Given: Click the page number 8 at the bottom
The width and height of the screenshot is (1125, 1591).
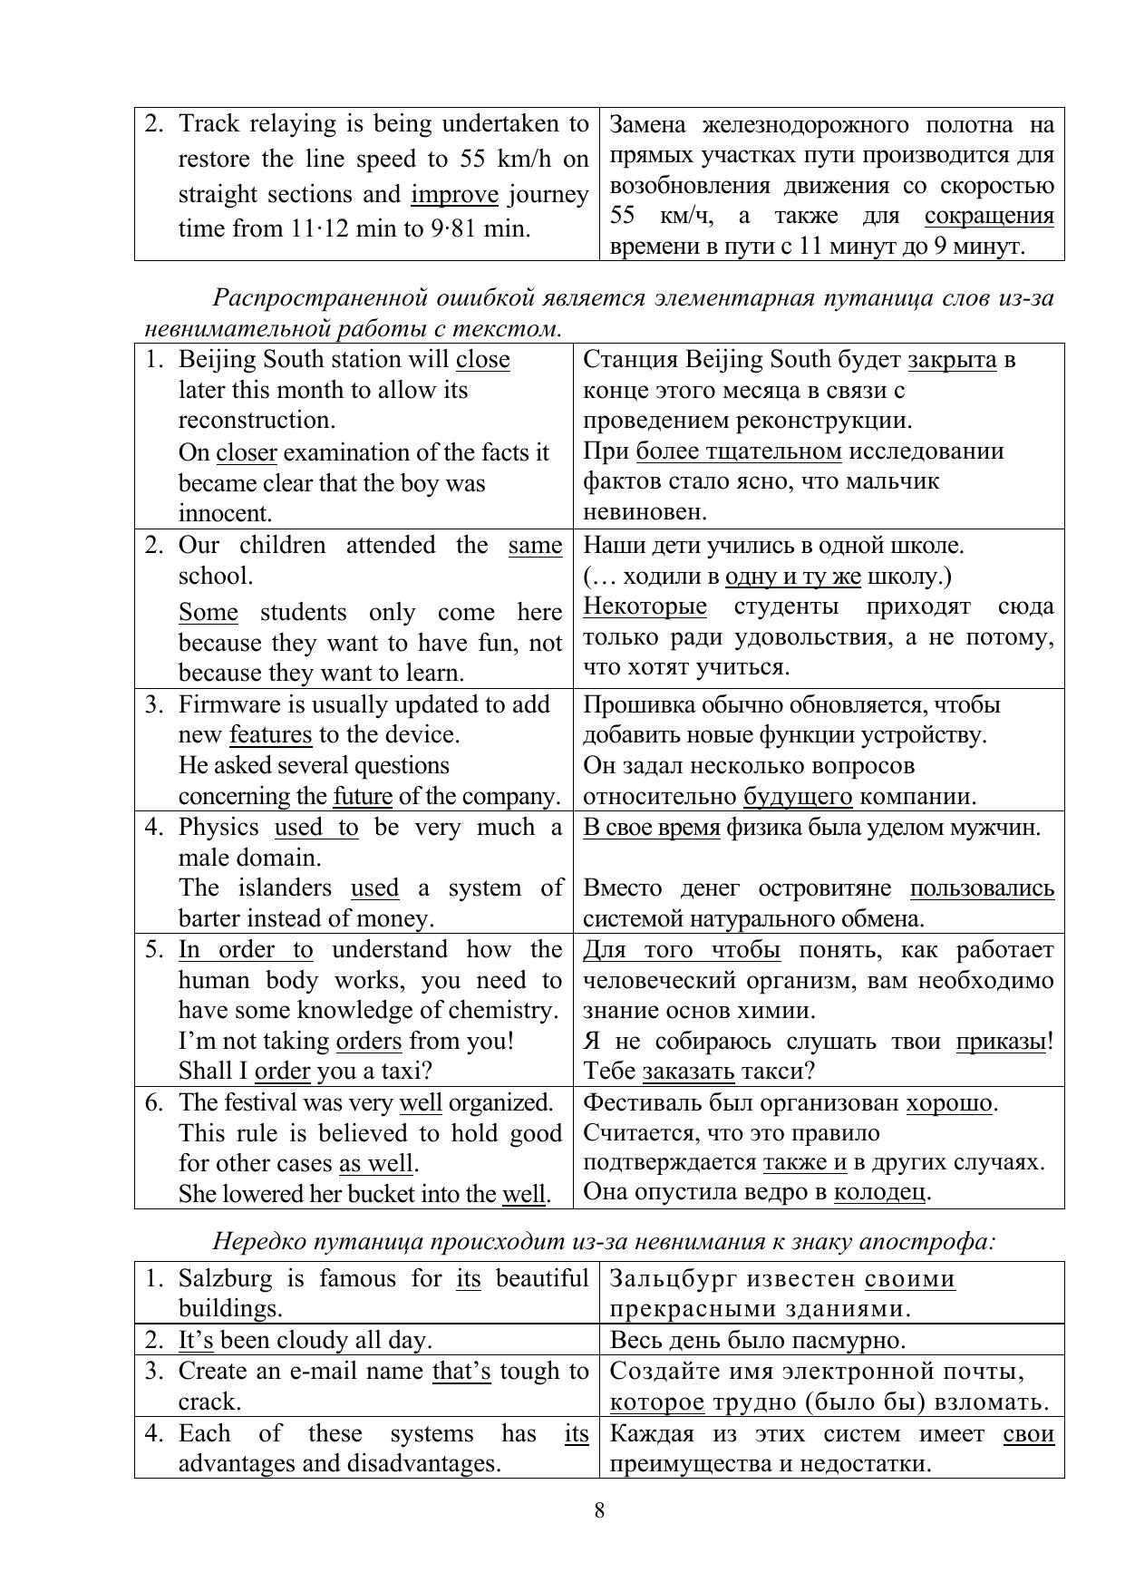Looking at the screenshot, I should point(599,1510).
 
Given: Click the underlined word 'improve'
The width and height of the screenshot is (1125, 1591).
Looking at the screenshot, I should point(454,195).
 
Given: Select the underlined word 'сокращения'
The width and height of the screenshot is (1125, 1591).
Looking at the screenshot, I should point(989,216).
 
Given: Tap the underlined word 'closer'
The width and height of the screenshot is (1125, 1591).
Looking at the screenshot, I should point(247,452).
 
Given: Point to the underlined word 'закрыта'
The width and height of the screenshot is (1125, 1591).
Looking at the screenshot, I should point(952,360).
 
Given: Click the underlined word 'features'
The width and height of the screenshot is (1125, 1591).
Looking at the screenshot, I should point(270,734).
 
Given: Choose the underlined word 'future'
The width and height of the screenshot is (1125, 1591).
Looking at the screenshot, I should point(363,797).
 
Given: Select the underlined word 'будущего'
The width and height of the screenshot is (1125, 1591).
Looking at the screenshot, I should point(798,797).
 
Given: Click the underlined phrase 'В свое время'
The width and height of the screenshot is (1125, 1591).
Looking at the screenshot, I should point(652,827).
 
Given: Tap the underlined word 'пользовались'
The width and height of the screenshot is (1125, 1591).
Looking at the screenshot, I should point(982,888).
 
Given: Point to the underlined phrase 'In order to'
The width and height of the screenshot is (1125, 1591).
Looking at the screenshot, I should point(246,950).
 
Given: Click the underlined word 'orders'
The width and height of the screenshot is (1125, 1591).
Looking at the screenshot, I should point(369,1041).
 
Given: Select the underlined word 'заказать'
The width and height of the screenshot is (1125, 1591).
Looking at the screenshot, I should point(688,1072).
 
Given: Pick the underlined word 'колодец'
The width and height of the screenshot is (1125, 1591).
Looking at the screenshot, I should point(879,1191).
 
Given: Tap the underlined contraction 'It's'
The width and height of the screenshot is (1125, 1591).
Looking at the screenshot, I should point(196,1340).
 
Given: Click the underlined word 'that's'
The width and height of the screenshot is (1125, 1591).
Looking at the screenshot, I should point(461,1371).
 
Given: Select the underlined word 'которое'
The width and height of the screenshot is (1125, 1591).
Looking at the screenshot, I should point(657,1402).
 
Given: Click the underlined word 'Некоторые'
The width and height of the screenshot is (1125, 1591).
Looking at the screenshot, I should point(645,606).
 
